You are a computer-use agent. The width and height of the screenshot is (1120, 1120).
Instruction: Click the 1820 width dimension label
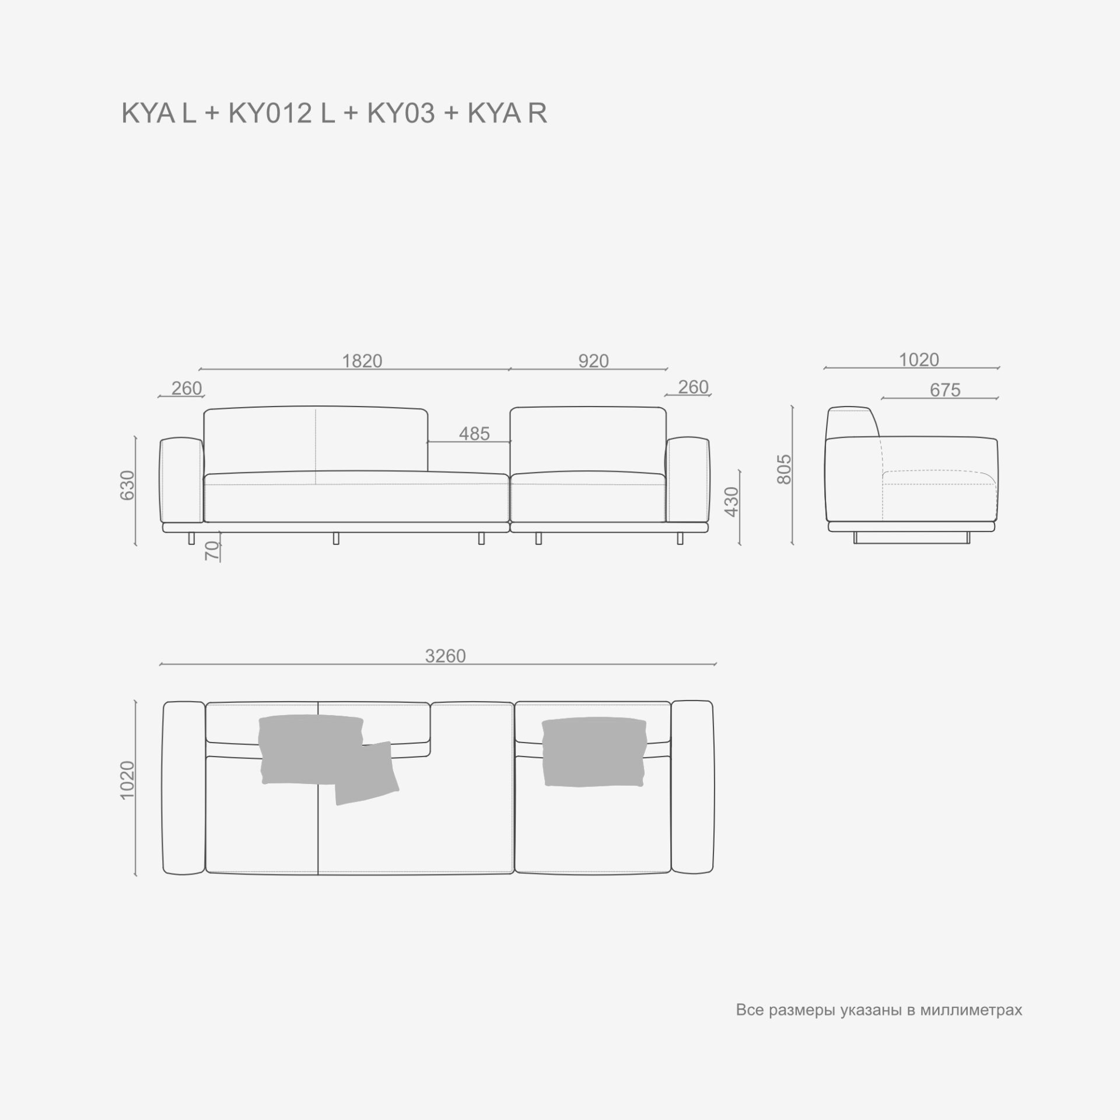(362, 361)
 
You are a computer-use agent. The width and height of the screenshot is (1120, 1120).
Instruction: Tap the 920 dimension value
(593, 361)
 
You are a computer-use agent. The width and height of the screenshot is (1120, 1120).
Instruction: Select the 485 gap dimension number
(474, 433)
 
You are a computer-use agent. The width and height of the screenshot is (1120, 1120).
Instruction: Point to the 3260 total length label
(445, 656)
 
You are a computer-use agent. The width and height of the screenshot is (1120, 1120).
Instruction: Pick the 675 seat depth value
(945, 390)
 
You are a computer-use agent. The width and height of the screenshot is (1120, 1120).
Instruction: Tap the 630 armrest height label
(127, 485)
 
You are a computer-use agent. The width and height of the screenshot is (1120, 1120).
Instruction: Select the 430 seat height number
(731, 501)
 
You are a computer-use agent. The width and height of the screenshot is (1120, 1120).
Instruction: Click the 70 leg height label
(213, 551)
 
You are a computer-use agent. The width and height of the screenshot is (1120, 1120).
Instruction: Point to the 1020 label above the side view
(919, 360)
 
